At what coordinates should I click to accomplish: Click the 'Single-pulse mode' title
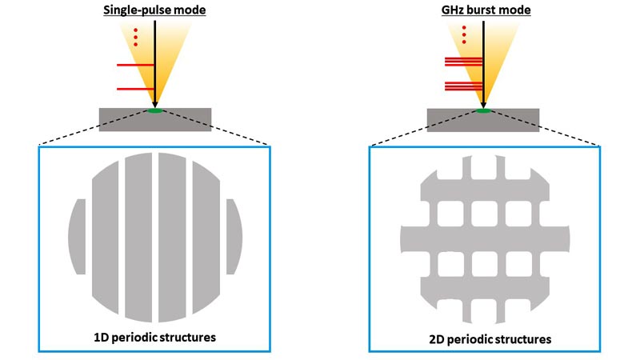154,10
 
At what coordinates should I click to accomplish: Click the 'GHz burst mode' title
486,10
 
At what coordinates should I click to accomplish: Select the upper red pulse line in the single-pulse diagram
135,65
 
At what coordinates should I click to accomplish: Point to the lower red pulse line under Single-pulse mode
135,89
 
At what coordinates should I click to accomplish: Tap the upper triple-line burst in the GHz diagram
464,62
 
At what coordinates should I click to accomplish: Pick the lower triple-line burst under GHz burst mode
464,86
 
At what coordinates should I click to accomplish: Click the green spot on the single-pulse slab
155,110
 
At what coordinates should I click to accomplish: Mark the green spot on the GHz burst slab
484,110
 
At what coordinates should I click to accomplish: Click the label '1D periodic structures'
154,338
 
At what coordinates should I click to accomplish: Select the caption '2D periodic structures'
490,339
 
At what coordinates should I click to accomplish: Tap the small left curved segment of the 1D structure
77,237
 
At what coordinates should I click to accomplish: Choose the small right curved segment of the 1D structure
234,237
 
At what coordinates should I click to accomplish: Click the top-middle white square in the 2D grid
485,214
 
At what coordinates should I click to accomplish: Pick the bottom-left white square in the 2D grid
450,264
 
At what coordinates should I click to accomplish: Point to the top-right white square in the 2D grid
518,214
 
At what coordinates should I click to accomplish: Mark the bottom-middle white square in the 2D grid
485,264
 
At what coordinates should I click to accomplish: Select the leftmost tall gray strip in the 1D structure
106,236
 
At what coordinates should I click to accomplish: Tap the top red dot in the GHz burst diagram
464,28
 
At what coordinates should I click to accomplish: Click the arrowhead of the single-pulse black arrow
154,104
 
